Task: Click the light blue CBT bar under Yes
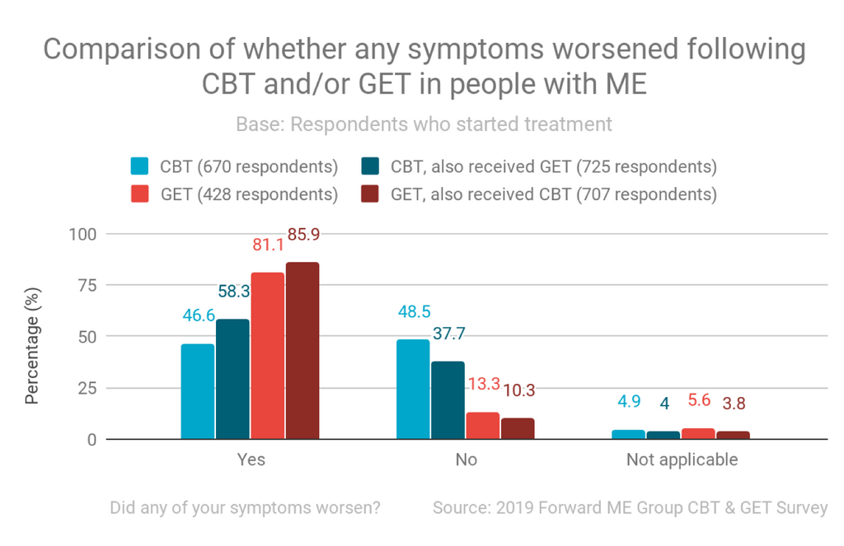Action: tap(197, 392)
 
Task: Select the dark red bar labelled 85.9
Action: tap(302, 351)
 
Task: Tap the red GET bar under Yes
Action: tap(267, 356)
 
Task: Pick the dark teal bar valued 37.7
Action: tap(448, 400)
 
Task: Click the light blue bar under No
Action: tap(413, 390)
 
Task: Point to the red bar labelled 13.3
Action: tap(482, 426)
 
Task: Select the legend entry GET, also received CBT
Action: tap(553, 194)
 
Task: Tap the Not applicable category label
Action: tap(682, 460)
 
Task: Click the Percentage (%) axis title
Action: tap(32, 337)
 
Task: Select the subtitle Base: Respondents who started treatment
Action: tap(424, 124)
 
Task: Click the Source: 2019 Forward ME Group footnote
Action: tap(630, 507)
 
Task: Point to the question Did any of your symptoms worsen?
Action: tap(246, 507)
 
